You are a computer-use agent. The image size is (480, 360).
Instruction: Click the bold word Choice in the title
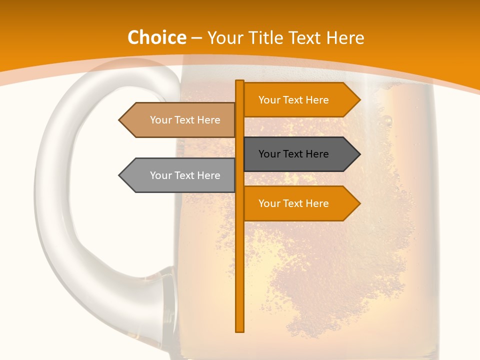pyautogui.click(x=156, y=37)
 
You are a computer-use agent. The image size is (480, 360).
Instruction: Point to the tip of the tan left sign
pyautogui.click(x=120, y=120)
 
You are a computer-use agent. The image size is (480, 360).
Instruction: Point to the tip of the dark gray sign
pyautogui.click(x=359, y=154)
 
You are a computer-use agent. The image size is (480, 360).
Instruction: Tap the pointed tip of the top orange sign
pyautogui.click(x=359, y=100)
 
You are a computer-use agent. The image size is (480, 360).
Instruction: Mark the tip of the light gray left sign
pyautogui.click(x=120, y=175)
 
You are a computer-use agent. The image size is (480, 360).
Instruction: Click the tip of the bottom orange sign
pyautogui.click(x=359, y=203)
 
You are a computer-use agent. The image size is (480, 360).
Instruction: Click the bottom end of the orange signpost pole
pyautogui.click(x=240, y=329)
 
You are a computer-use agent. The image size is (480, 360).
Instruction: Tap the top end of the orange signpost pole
pyautogui.click(x=240, y=82)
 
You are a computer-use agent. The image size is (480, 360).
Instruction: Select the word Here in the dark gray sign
pyautogui.click(x=316, y=154)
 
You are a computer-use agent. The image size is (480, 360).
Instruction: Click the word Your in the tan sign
pyautogui.click(x=160, y=120)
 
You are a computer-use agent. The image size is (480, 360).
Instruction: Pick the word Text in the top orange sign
pyautogui.click(x=293, y=100)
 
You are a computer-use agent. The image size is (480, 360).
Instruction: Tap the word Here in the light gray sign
pyautogui.click(x=208, y=175)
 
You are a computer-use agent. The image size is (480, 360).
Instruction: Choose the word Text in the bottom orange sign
pyautogui.click(x=293, y=203)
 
